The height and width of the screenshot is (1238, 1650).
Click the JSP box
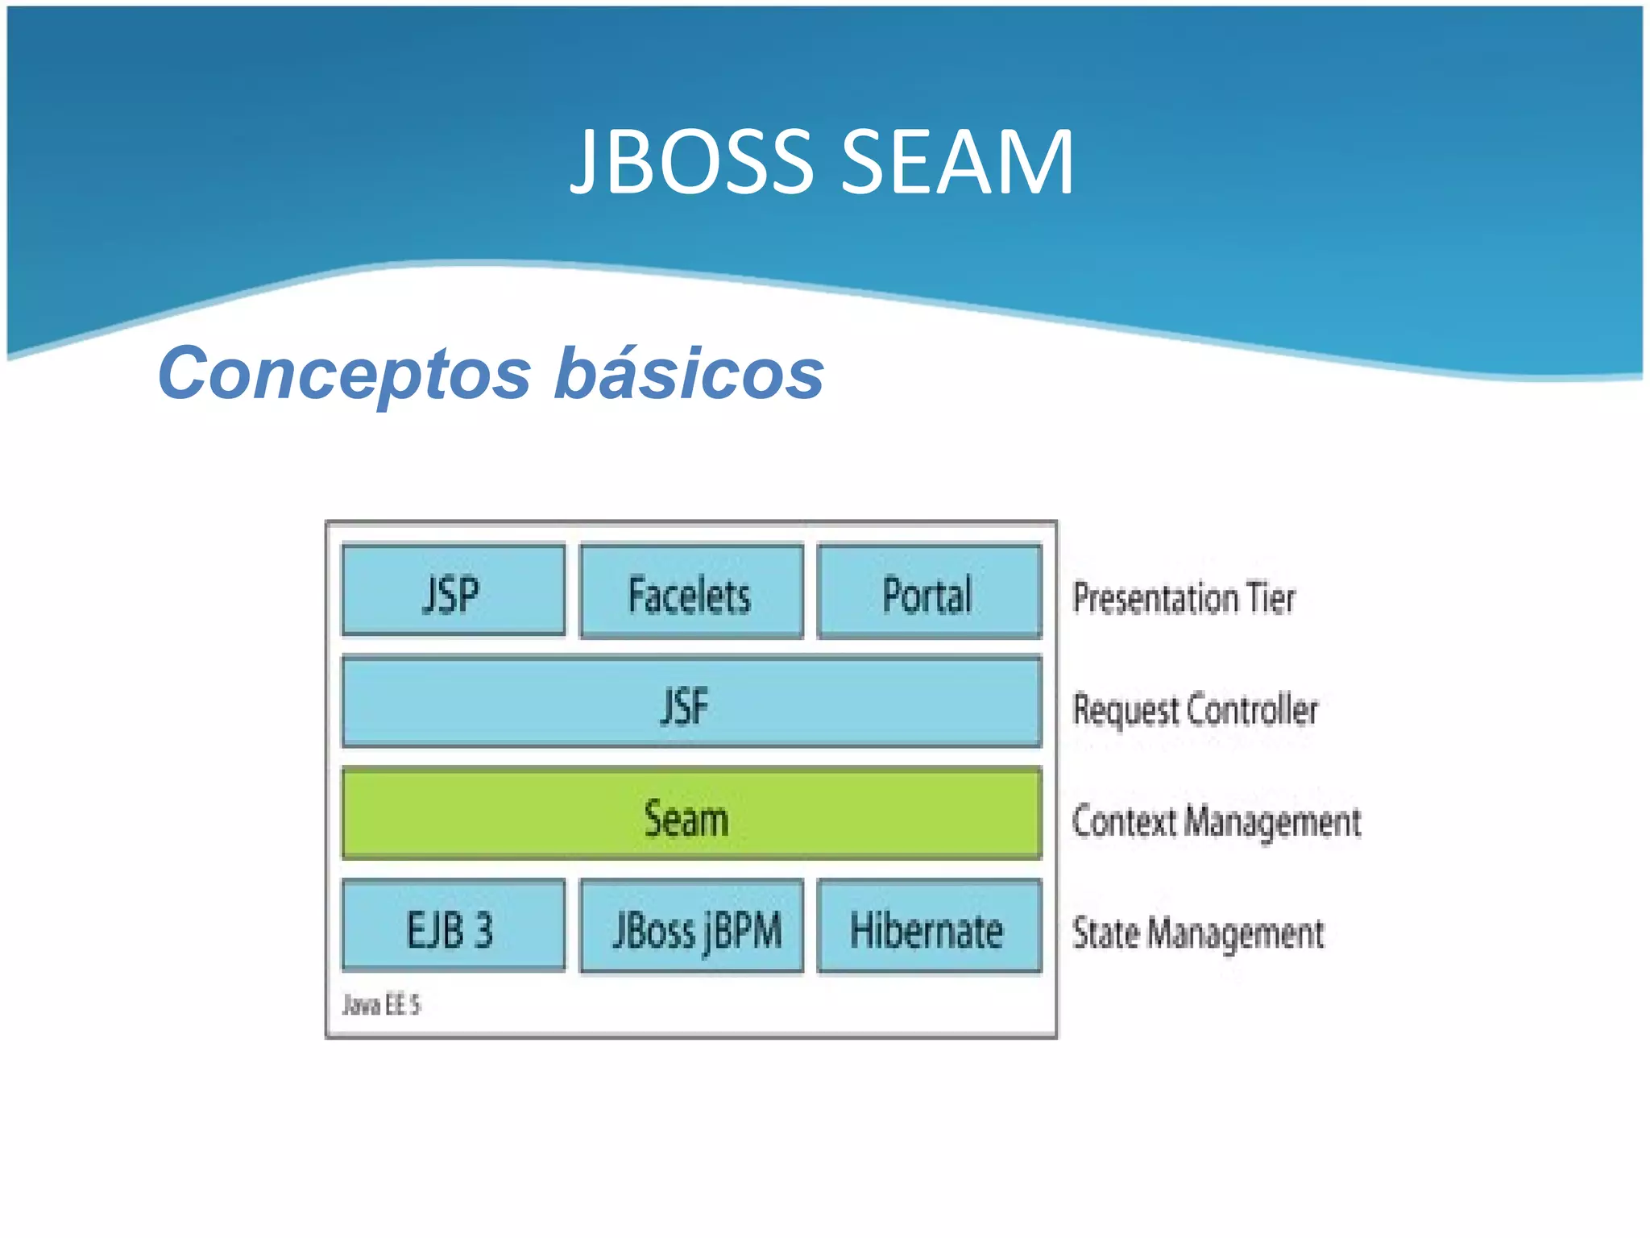(x=453, y=591)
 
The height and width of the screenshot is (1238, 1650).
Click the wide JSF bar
(x=691, y=702)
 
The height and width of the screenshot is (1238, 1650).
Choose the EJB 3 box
(x=453, y=926)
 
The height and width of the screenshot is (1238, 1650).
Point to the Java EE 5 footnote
(x=381, y=1004)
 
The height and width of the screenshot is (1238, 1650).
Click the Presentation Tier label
(x=1184, y=598)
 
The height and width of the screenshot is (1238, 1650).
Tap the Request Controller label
(x=1195, y=710)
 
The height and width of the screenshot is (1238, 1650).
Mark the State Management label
(x=1197, y=933)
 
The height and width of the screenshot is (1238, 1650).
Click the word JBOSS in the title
(x=693, y=162)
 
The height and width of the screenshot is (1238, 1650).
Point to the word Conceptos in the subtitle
(x=345, y=373)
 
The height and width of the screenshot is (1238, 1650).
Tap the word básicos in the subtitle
(x=689, y=373)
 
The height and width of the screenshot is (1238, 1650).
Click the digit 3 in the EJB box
(x=483, y=929)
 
